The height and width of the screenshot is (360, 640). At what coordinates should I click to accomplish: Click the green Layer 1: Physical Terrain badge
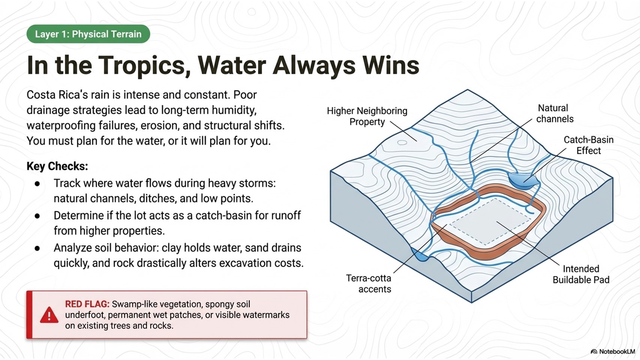tap(88, 34)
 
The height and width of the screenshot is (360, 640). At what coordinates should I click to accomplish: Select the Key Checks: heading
tap(57, 166)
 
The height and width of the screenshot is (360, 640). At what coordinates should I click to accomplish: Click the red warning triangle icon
tap(49, 315)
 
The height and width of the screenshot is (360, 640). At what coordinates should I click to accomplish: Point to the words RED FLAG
tap(87, 304)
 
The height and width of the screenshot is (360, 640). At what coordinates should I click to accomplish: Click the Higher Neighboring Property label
tap(367, 116)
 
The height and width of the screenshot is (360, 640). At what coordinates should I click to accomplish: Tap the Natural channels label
tap(555, 113)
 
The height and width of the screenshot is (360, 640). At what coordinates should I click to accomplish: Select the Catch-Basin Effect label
tap(589, 145)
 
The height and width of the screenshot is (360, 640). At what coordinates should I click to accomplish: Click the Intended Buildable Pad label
tap(581, 274)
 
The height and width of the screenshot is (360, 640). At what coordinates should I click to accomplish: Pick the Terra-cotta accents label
tap(369, 283)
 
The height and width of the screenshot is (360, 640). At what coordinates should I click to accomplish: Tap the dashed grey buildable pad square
tap(490, 222)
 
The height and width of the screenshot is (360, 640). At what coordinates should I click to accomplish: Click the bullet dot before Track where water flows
tap(37, 184)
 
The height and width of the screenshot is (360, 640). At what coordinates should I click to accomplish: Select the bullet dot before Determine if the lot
tap(37, 216)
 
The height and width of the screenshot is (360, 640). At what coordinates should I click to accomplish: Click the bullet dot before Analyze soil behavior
tap(37, 249)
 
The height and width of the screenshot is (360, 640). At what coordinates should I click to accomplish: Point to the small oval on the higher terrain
tap(402, 142)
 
